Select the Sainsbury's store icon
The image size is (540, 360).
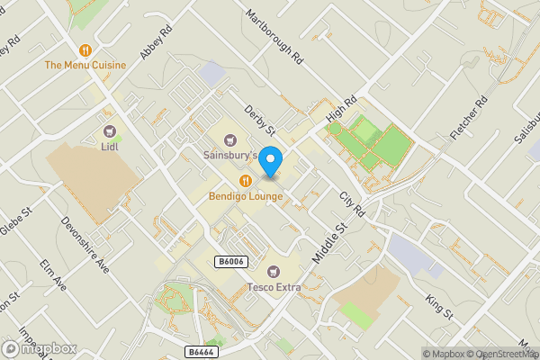(x=229, y=139)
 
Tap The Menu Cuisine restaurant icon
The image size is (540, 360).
(x=85, y=50)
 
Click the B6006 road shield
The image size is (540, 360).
(x=230, y=261)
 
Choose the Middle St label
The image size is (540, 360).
(x=328, y=244)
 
